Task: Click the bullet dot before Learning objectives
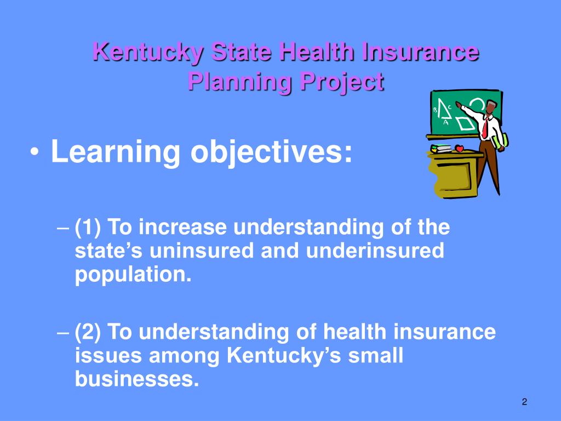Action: tap(36, 153)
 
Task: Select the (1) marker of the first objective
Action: tap(88, 226)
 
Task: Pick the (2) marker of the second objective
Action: tap(88, 332)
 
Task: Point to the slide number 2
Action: tap(524, 403)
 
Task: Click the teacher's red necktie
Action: tap(485, 128)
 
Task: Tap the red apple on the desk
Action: tap(459, 149)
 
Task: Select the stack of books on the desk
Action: tap(442, 148)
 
